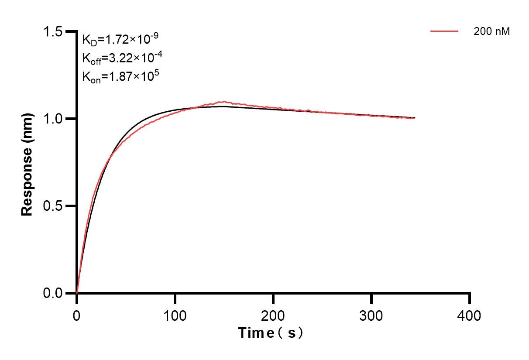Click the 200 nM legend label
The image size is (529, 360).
(x=491, y=31)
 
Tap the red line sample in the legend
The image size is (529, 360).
(x=444, y=31)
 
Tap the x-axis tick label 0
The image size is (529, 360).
(x=77, y=315)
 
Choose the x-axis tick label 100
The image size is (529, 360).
(x=175, y=315)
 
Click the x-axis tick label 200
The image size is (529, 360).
(x=273, y=315)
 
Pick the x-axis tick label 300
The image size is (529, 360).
(x=371, y=315)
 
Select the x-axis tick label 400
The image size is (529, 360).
(x=470, y=315)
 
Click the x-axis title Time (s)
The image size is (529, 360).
(x=271, y=333)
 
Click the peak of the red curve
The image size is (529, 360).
(x=223, y=102)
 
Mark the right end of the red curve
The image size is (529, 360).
(x=415, y=118)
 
